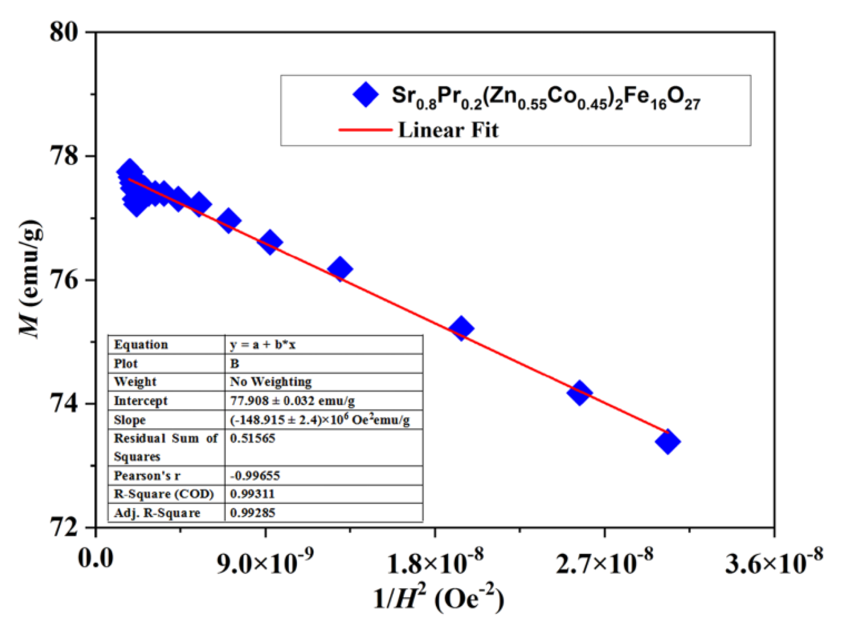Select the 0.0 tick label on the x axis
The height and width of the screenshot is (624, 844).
(x=96, y=558)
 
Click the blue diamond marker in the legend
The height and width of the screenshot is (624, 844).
(x=366, y=95)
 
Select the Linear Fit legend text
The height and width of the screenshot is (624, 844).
(x=448, y=130)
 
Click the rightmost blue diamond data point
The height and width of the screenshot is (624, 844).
(x=667, y=441)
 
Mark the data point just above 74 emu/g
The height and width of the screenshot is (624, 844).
(x=579, y=393)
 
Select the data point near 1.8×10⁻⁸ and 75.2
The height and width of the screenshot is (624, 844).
(x=461, y=328)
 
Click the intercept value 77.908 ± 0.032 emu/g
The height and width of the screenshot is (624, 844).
(x=292, y=401)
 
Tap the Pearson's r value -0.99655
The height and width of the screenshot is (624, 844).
(x=255, y=475)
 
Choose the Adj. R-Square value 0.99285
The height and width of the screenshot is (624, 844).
(x=252, y=512)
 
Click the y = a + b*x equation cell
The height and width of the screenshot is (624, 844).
(x=263, y=345)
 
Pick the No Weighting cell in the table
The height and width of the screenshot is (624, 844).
(x=271, y=382)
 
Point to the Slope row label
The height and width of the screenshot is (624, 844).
(x=130, y=420)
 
